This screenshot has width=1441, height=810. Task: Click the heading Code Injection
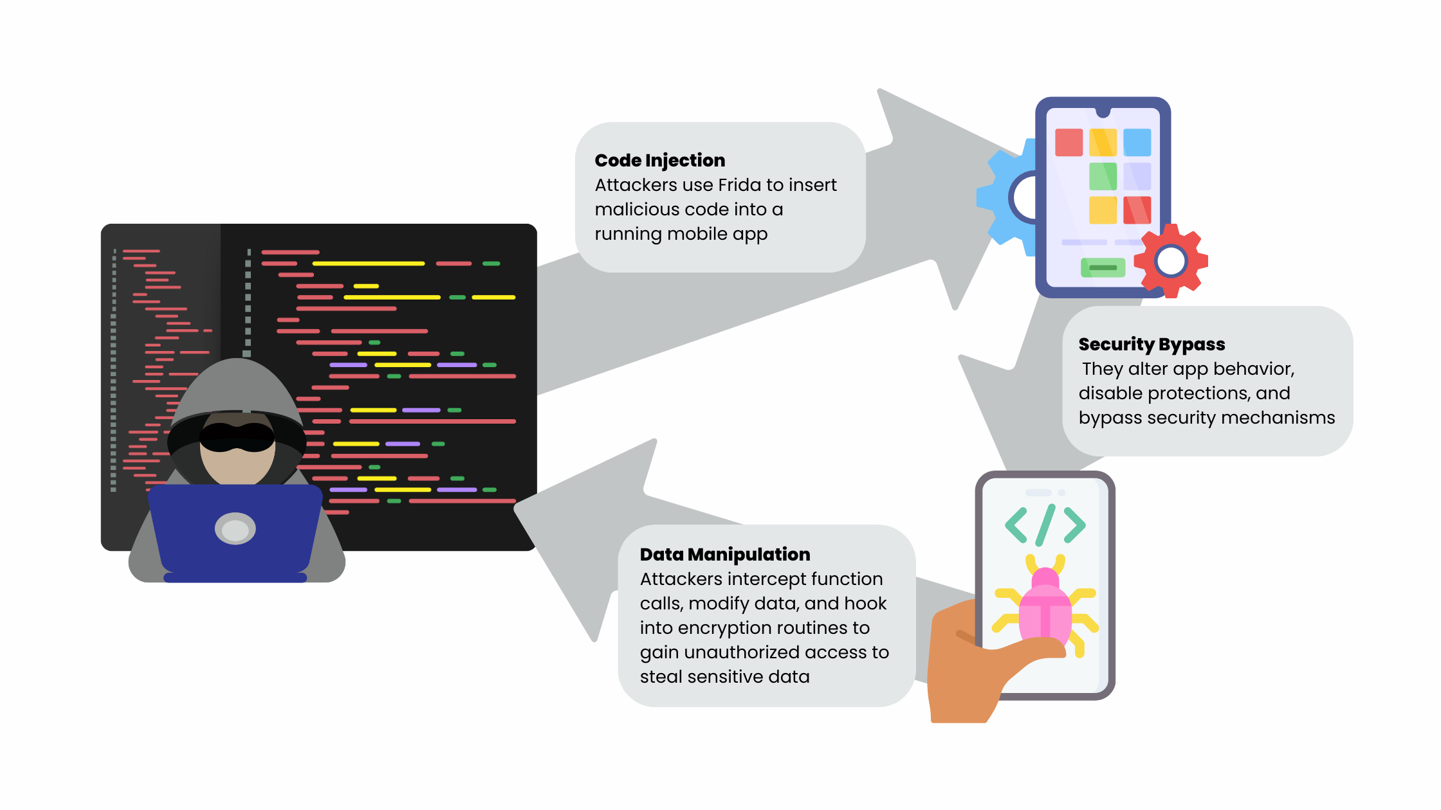coord(659,160)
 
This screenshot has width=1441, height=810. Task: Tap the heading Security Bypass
coord(1152,344)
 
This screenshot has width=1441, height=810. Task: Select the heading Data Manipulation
coord(725,554)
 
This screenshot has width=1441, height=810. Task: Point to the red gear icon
coord(1171,260)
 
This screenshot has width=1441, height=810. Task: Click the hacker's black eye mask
coord(237,437)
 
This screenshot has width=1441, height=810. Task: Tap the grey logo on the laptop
coord(235,529)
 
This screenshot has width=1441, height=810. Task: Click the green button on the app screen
coord(1103,267)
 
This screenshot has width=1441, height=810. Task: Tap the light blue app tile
coord(1137,142)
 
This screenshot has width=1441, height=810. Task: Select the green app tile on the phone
coord(1103,176)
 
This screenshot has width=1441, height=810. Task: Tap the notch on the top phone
coord(1103,113)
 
